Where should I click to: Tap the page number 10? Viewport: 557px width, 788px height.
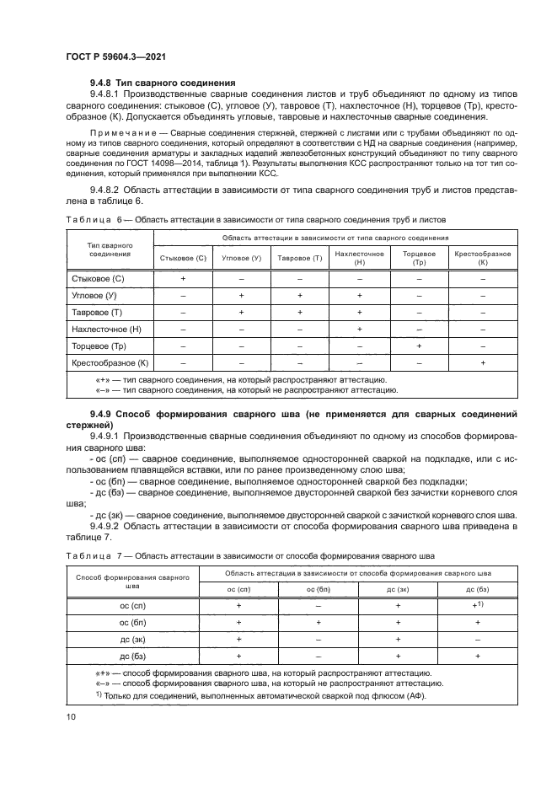(70, 716)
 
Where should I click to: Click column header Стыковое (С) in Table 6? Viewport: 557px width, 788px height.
(183, 258)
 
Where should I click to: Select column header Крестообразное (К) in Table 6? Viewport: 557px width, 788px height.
(483, 258)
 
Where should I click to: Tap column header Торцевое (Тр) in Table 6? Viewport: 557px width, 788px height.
(419, 258)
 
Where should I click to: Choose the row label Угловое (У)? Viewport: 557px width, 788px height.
(94, 295)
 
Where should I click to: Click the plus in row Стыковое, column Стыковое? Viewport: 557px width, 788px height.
(183, 277)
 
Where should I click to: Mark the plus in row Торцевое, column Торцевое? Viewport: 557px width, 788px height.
(419, 346)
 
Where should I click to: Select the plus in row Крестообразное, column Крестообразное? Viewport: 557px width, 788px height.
(483, 363)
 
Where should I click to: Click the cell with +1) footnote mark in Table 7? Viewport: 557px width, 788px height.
(478, 605)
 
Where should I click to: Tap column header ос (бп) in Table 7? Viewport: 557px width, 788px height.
(318, 589)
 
